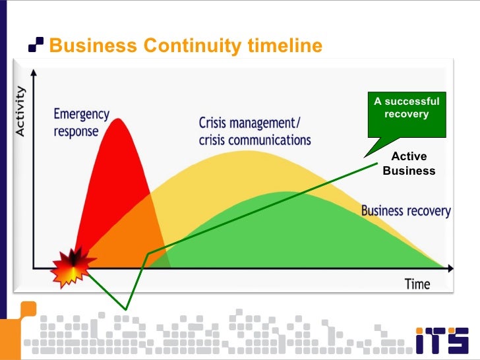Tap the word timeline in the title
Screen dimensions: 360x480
coord(285,45)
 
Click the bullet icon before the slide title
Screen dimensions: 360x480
coord(36,45)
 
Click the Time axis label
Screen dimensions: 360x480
coord(417,284)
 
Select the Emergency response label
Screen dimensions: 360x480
coord(81,122)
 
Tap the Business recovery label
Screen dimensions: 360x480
coord(405,212)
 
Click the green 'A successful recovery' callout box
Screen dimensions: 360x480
coord(406,108)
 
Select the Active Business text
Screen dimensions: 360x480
coord(409,164)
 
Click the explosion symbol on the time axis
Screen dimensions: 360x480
coord(72,267)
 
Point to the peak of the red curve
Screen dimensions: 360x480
coord(119,119)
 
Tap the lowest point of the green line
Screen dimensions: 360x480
coord(125,308)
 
